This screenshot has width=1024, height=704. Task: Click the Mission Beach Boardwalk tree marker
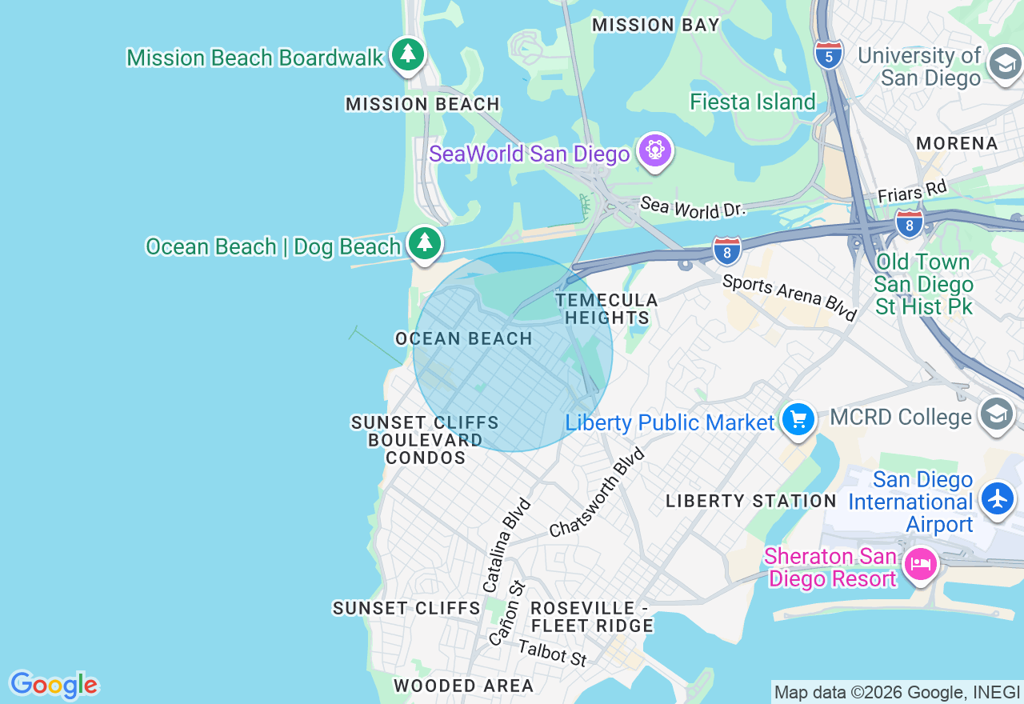(x=408, y=54)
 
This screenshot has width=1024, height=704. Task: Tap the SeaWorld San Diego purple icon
(x=655, y=150)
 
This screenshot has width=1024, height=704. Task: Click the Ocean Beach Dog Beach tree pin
(x=424, y=242)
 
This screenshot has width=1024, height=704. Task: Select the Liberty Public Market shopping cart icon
(x=798, y=419)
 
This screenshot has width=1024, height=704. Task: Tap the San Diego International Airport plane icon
(x=997, y=498)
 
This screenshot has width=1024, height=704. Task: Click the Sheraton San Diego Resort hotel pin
(x=920, y=565)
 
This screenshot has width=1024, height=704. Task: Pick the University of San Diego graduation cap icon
(x=1005, y=64)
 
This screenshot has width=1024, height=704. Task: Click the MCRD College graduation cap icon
(x=996, y=414)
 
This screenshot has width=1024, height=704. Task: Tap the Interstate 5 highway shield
(x=829, y=55)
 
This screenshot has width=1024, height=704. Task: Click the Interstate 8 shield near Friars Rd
(x=909, y=223)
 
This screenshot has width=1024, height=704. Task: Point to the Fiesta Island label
(x=752, y=102)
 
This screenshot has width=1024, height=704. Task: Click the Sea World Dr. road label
(x=693, y=207)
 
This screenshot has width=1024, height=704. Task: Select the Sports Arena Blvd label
(x=789, y=296)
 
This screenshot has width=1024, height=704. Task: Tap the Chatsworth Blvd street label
(x=598, y=493)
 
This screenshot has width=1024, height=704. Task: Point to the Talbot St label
(x=552, y=653)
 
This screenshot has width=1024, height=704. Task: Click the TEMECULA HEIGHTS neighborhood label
(x=606, y=309)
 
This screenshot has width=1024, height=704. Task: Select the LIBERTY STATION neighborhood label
(x=750, y=502)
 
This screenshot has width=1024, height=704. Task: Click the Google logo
(x=54, y=685)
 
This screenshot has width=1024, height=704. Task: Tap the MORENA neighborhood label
(x=957, y=144)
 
